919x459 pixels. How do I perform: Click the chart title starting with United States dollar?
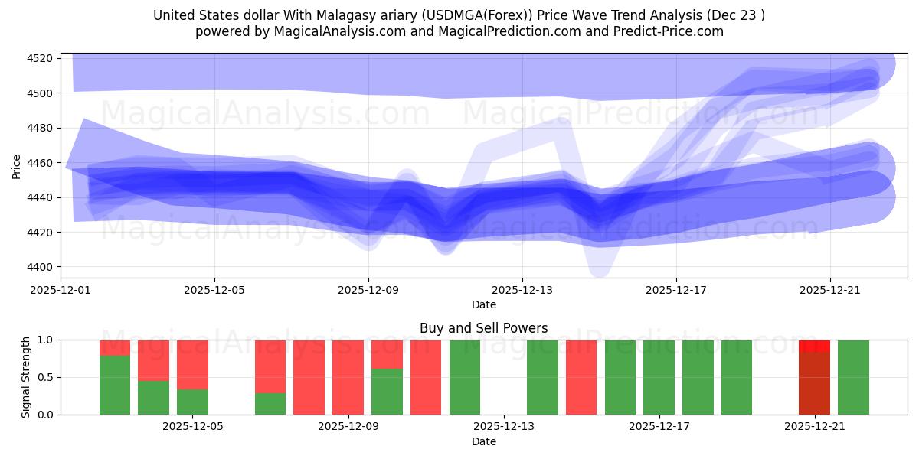pos(459,15)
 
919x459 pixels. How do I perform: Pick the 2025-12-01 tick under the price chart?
pos(61,290)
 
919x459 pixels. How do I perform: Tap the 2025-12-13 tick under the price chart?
pos(522,290)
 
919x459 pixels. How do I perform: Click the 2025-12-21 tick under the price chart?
pos(830,290)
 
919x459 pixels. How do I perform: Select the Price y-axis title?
pos(17,166)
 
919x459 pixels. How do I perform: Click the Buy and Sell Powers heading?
pos(483,328)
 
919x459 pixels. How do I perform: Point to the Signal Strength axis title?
pos(26,377)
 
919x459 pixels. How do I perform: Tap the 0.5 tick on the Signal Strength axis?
pos(45,377)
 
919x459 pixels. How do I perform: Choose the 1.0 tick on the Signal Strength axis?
pos(45,340)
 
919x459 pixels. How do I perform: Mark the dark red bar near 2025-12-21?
pos(814,382)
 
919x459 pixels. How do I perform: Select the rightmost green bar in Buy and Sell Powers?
pos(853,377)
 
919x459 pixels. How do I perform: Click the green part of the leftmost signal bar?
pos(115,385)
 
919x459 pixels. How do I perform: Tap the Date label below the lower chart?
pos(483,441)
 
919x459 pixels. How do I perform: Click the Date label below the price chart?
pos(483,304)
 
